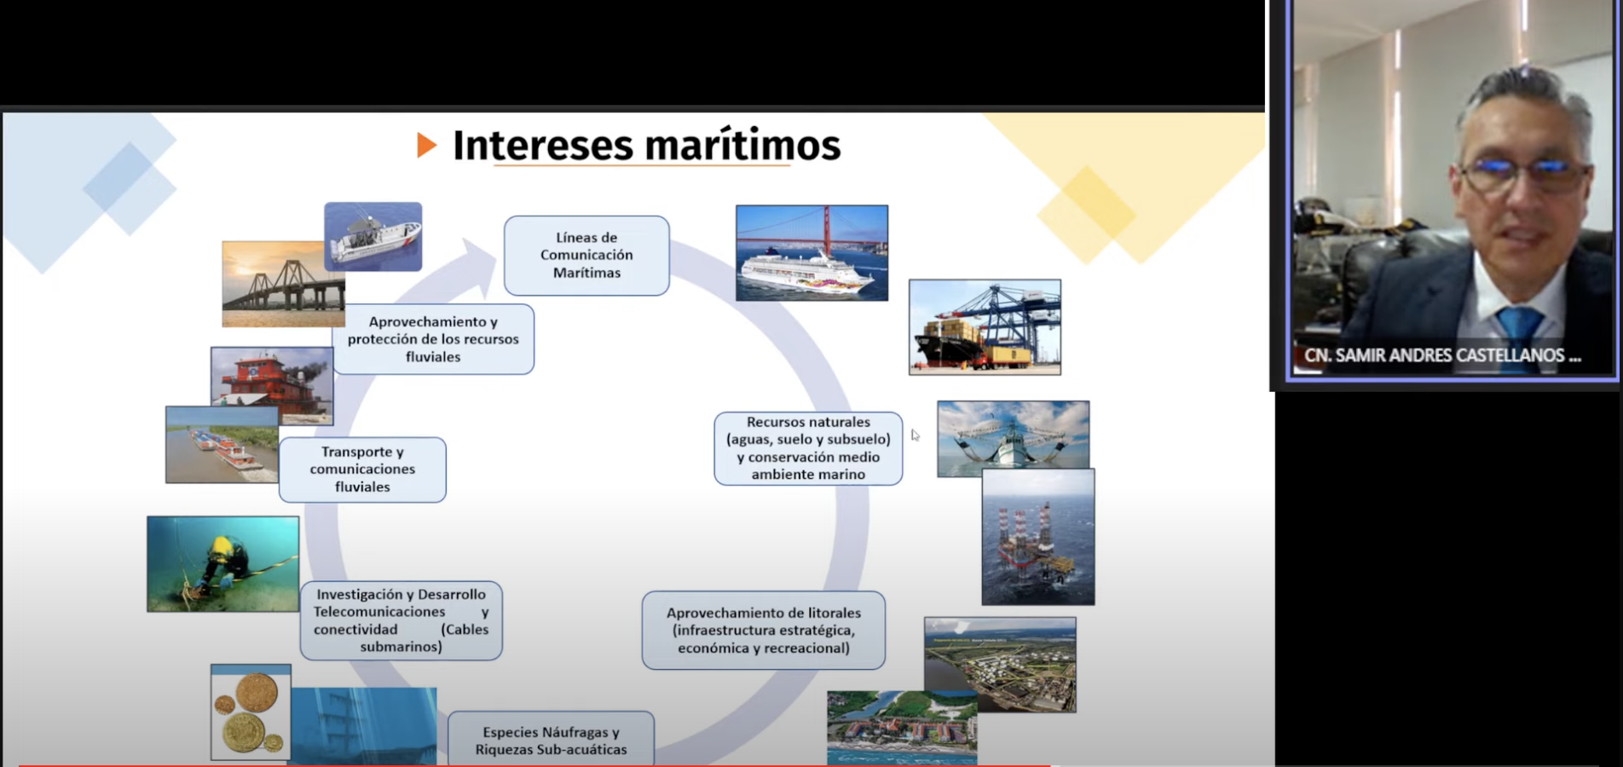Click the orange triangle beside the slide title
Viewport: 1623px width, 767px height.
[426, 146]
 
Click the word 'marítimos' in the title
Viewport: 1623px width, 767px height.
[742, 145]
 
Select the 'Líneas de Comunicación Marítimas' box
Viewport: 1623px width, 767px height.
[586, 255]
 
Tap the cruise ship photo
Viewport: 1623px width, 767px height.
[811, 253]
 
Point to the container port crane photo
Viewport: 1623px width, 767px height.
[985, 327]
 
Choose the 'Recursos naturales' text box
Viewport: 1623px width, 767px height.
[808, 448]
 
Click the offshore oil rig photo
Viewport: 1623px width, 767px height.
[1038, 537]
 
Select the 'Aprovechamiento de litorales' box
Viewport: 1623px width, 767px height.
[764, 630]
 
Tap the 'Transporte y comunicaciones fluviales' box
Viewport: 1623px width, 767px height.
[362, 470]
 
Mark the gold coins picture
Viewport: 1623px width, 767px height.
[251, 712]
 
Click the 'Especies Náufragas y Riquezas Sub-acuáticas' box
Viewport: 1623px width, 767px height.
[551, 740]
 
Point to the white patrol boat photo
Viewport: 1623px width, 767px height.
[373, 237]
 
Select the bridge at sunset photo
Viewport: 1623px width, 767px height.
[283, 285]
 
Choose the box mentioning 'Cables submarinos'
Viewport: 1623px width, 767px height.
[401, 620]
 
